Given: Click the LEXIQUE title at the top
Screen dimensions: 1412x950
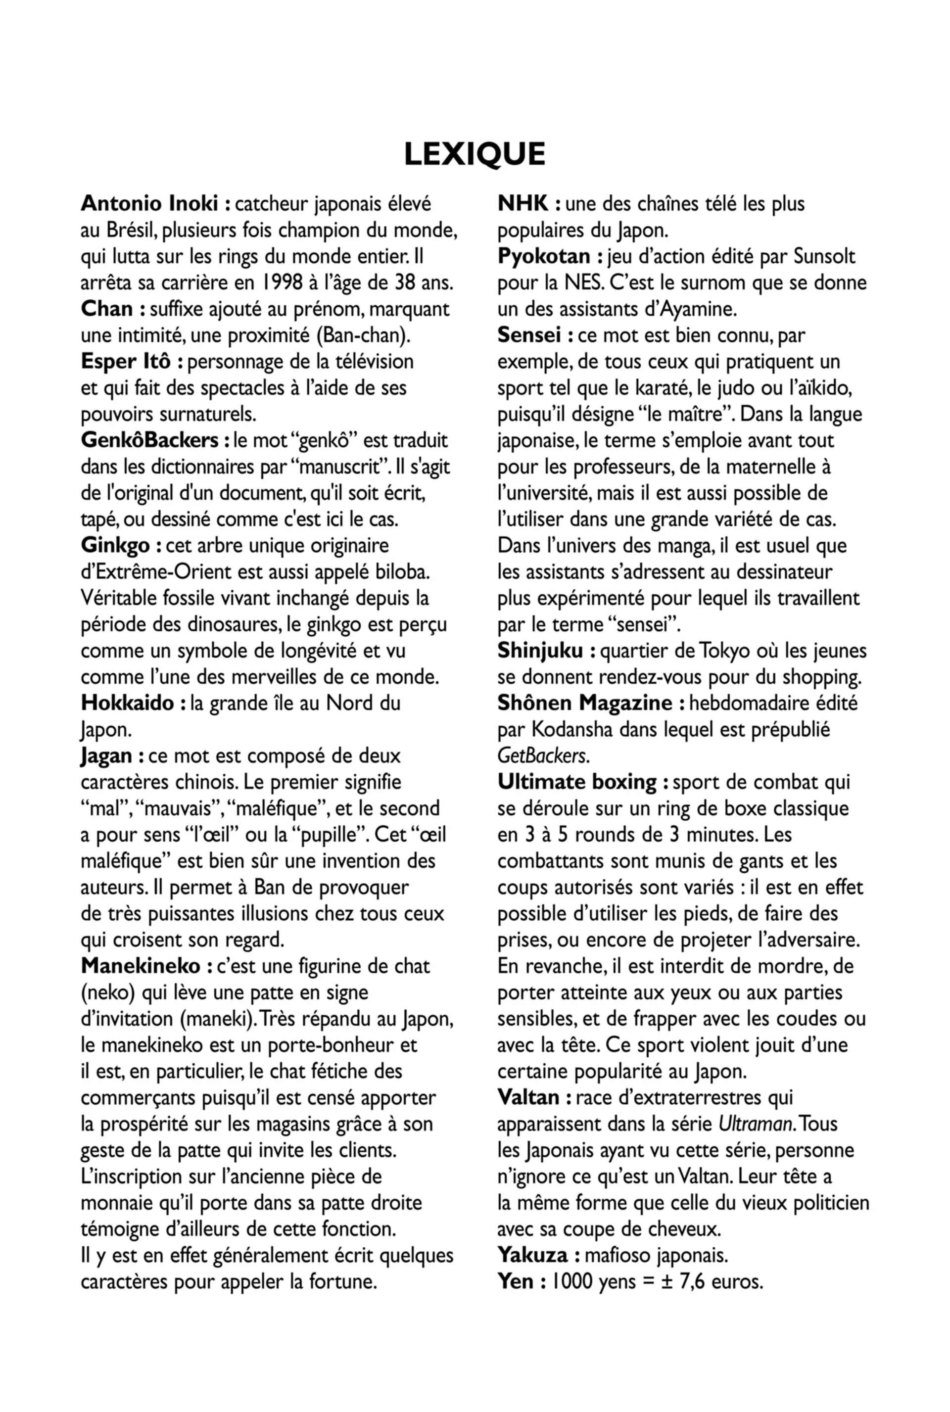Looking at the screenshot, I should (475, 154).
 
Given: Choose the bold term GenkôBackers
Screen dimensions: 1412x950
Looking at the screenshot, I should (149, 440).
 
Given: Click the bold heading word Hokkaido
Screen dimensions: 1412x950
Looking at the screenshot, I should (127, 703).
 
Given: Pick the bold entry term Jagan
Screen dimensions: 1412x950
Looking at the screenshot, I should (106, 756).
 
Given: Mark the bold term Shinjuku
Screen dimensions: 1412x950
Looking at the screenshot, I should (540, 651).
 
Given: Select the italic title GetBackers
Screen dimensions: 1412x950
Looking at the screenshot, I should (542, 756).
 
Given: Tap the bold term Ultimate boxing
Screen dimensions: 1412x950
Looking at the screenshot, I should (577, 783).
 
